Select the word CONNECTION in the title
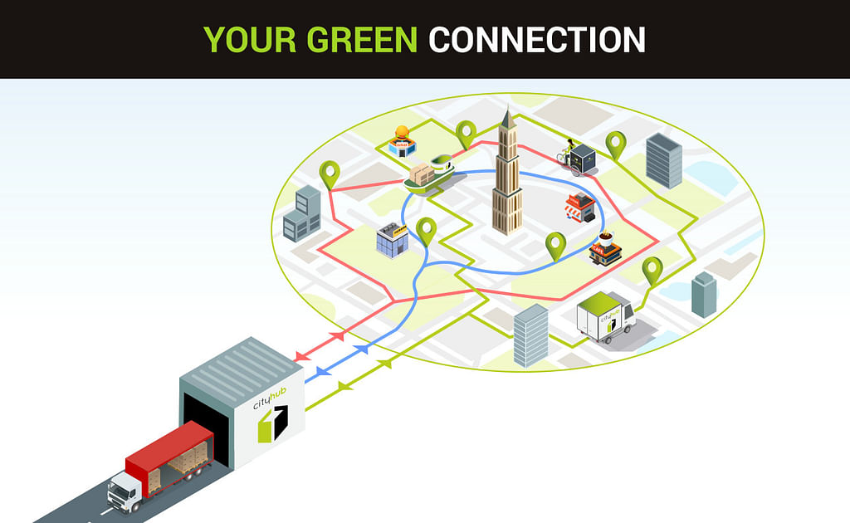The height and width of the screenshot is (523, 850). click(x=537, y=40)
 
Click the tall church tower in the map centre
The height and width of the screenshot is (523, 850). click(x=506, y=178)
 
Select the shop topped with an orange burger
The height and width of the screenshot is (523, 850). click(x=403, y=142)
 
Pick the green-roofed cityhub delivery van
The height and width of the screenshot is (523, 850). click(x=605, y=319)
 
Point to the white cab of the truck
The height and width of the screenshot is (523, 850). click(x=125, y=493)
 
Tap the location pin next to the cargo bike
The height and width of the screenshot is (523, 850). click(x=614, y=144)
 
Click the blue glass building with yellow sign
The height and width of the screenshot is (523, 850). click(x=392, y=240)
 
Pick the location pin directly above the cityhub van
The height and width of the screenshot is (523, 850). click(x=652, y=269)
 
